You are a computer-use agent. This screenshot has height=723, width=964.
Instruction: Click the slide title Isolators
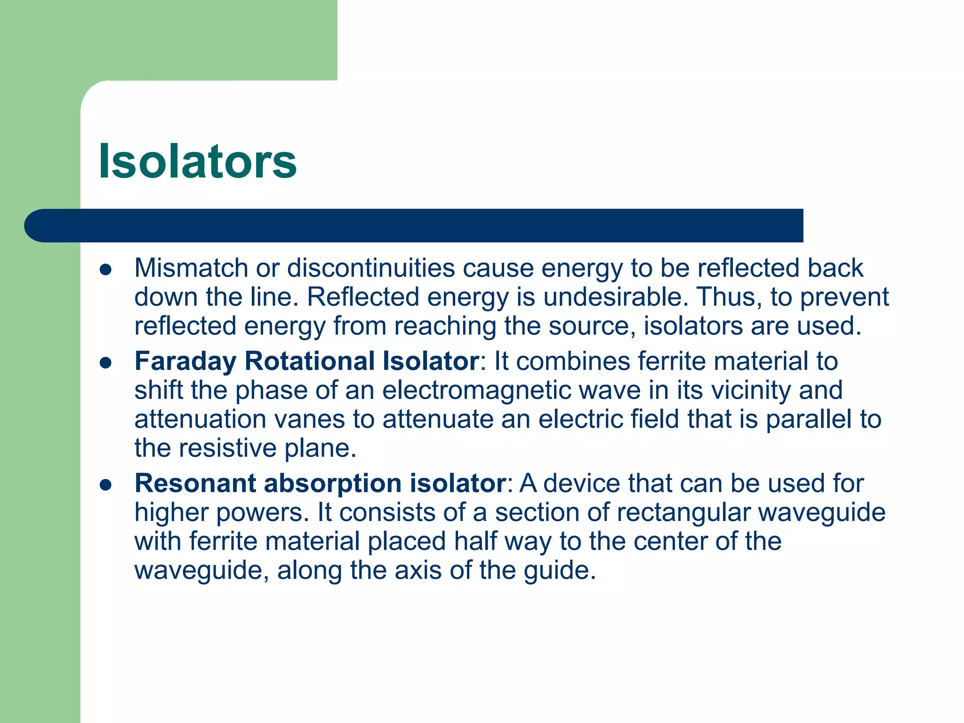click(198, 161)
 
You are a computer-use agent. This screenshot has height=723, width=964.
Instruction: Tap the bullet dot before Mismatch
click(105, 270)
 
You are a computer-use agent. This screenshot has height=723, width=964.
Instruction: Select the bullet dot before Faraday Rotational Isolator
click(105, 363)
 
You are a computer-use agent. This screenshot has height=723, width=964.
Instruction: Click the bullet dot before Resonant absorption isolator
click(105, 485)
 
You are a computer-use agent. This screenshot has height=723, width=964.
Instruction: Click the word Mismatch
click(191, 268)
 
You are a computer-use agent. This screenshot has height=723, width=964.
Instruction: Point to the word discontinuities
click(371, 268)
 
